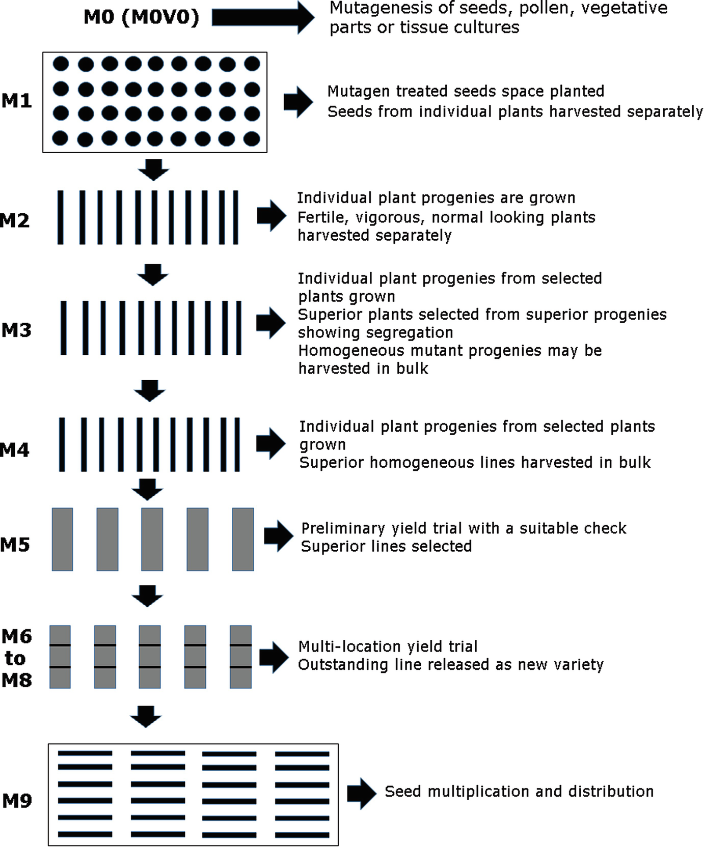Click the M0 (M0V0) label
click(x=141, y=17)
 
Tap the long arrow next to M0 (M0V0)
click(x=262, y=18)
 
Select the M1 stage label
click(x=16, y=101)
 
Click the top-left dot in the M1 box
click(x=61, y=64)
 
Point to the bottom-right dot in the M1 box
click(x=252, y=138)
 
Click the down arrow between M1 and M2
click(x=153, y=170)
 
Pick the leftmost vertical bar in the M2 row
click(x=61, y=217)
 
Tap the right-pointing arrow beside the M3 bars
click(x=270, y=323)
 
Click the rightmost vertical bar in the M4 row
click(x=237, y=444)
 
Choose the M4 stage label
click(x=15, y=450)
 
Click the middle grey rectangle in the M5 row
click(x=152, y=539)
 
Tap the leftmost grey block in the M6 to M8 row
click(x=60, y=657)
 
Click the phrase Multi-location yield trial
click(x=388, y=646)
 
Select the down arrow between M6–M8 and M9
click(x=146, y=716)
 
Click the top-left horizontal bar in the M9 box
click(x=85, y=753)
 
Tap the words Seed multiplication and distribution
click(x=519, y=792)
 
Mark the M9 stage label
click(x=17, y=801)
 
